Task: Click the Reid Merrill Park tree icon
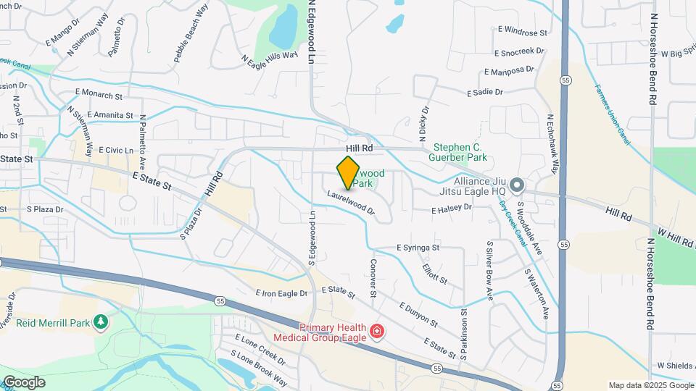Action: tap(101, 321)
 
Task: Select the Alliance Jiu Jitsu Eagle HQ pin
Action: tap(516, 186)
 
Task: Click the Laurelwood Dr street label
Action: tap(350, 203)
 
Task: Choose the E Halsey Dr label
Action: tap(452, 208)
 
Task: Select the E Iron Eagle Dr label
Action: tap(282, 293)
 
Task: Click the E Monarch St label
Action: tap(99, 94)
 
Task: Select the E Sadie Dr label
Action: tap(485, 93)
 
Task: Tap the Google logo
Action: tap(24, 382)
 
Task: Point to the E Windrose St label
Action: tap(522, 32)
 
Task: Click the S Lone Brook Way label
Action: tap(258, 369)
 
